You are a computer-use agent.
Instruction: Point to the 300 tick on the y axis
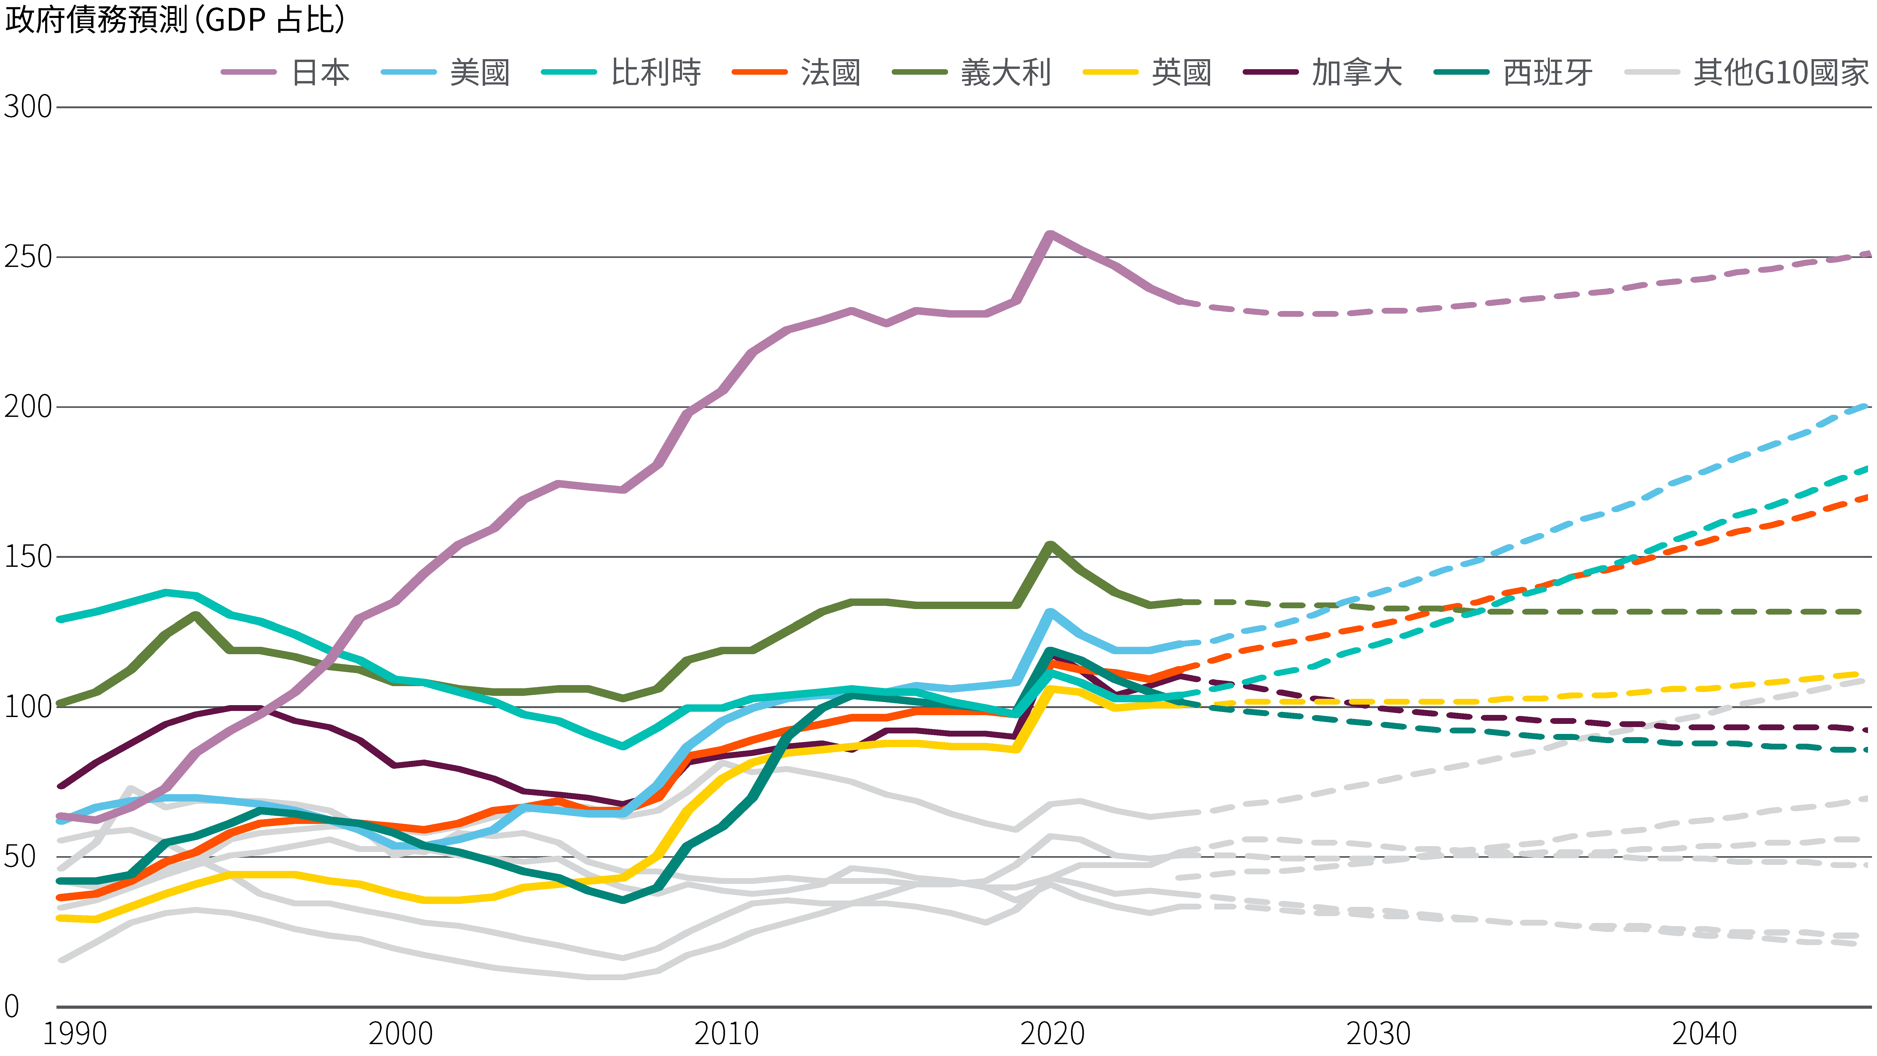pos(28,107)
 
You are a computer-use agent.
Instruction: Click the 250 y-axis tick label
pos(28,257)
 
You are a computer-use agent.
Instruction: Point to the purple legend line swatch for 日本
pos(248,72)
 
